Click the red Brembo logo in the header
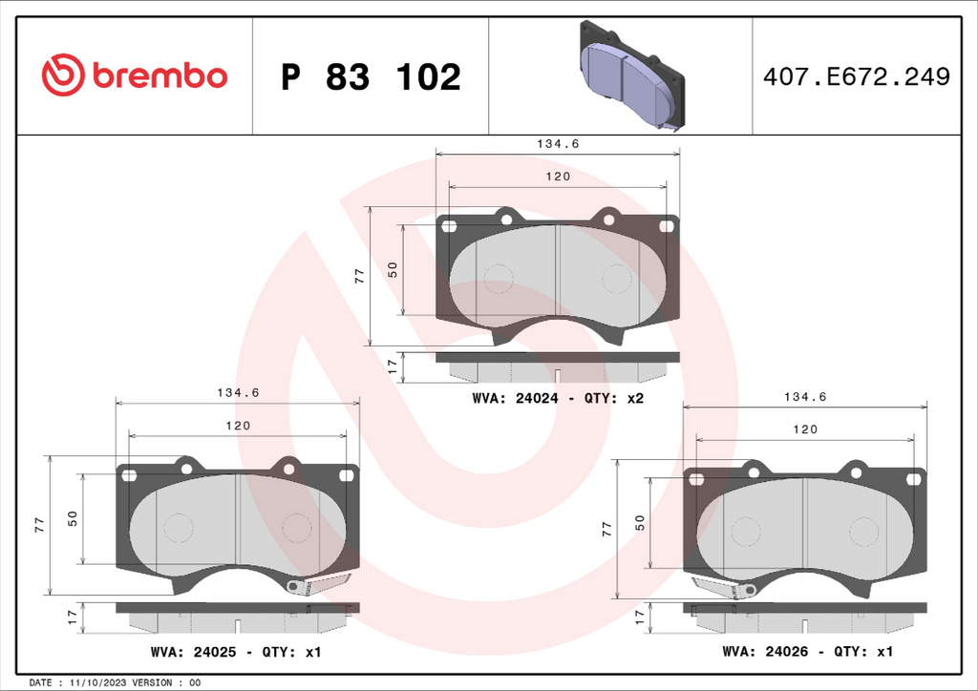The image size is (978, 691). [134, 74]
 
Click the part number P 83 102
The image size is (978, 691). [371, 76]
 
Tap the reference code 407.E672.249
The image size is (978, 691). [857, 76]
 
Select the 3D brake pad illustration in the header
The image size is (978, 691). [632, 75]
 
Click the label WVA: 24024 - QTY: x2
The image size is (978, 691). [558, 398]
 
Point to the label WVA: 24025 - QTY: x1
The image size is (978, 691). [236, 652]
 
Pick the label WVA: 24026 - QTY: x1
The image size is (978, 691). [808, 651]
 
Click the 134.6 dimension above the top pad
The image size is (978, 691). [558, 144]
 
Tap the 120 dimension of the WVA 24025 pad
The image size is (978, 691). [238, 426]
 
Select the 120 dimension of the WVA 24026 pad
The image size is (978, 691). [804, 429]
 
